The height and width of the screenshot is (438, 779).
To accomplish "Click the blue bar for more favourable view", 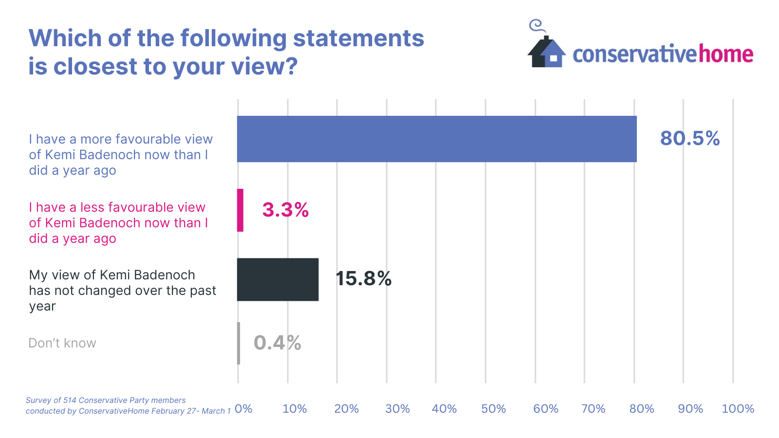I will [x=437, y=139].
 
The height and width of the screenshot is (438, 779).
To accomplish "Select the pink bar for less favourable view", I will [x=240, y=210].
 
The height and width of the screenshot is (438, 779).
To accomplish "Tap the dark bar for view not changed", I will [x=278, y=279].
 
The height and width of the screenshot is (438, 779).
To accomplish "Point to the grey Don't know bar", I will [x=239, y=343].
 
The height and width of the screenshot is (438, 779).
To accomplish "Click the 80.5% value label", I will [x=690, y=139].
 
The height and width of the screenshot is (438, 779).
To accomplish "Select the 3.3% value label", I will [x=285, y=210].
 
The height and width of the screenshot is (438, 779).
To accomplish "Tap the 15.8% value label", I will [x=363, y=279].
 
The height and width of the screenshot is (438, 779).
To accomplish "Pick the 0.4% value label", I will [x=277, y=343].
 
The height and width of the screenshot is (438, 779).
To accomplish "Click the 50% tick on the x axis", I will [x=493, y=409].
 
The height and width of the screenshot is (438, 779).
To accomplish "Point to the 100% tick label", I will [x=738, y=409].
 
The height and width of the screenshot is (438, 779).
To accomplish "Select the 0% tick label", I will [x=243, y=409].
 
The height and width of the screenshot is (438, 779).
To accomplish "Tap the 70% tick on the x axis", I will [x=593, y=409].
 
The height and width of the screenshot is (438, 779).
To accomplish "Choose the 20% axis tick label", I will [x=346, y=409].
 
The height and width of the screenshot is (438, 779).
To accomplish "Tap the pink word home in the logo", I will [x=726, y=54].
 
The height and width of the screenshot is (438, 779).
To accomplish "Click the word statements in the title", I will [x=358, y=38].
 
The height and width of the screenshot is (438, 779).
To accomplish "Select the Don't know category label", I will [x=62, y=343].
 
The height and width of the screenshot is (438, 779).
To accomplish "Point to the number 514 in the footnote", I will [x=70, y=401].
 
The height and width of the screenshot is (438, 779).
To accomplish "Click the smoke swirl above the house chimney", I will [x=536, y=25].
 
